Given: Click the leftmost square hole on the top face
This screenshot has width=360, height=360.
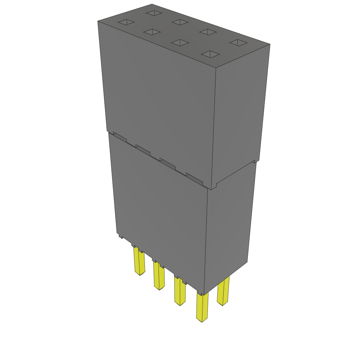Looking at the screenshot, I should pos(126,23).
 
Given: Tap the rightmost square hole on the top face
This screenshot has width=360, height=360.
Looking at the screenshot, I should pos(239,43).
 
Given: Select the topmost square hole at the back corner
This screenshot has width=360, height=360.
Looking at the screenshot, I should pos(154,13).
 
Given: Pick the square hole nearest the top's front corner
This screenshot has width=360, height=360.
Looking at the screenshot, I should pos(210,54).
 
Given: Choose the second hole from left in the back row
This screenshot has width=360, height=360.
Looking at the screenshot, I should pos(181,22).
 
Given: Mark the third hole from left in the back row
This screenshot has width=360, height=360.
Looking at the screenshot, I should pos(208,32).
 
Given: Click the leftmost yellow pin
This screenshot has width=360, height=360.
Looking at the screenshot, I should pos(139,261).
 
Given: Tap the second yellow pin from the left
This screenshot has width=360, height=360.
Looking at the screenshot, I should pos(159,276).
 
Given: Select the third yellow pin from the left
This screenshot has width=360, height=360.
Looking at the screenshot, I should pos(180,291).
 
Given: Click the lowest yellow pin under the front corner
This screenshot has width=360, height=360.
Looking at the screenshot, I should pos(202,308).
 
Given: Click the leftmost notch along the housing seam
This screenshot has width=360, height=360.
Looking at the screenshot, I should pos(120,137).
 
